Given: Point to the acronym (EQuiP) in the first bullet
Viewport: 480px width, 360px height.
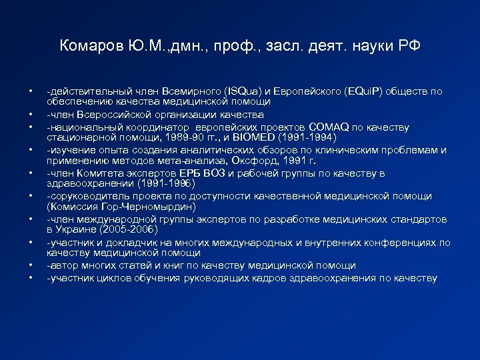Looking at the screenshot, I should pos(363,91).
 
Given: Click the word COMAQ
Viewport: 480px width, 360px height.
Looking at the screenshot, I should pos(327,127).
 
